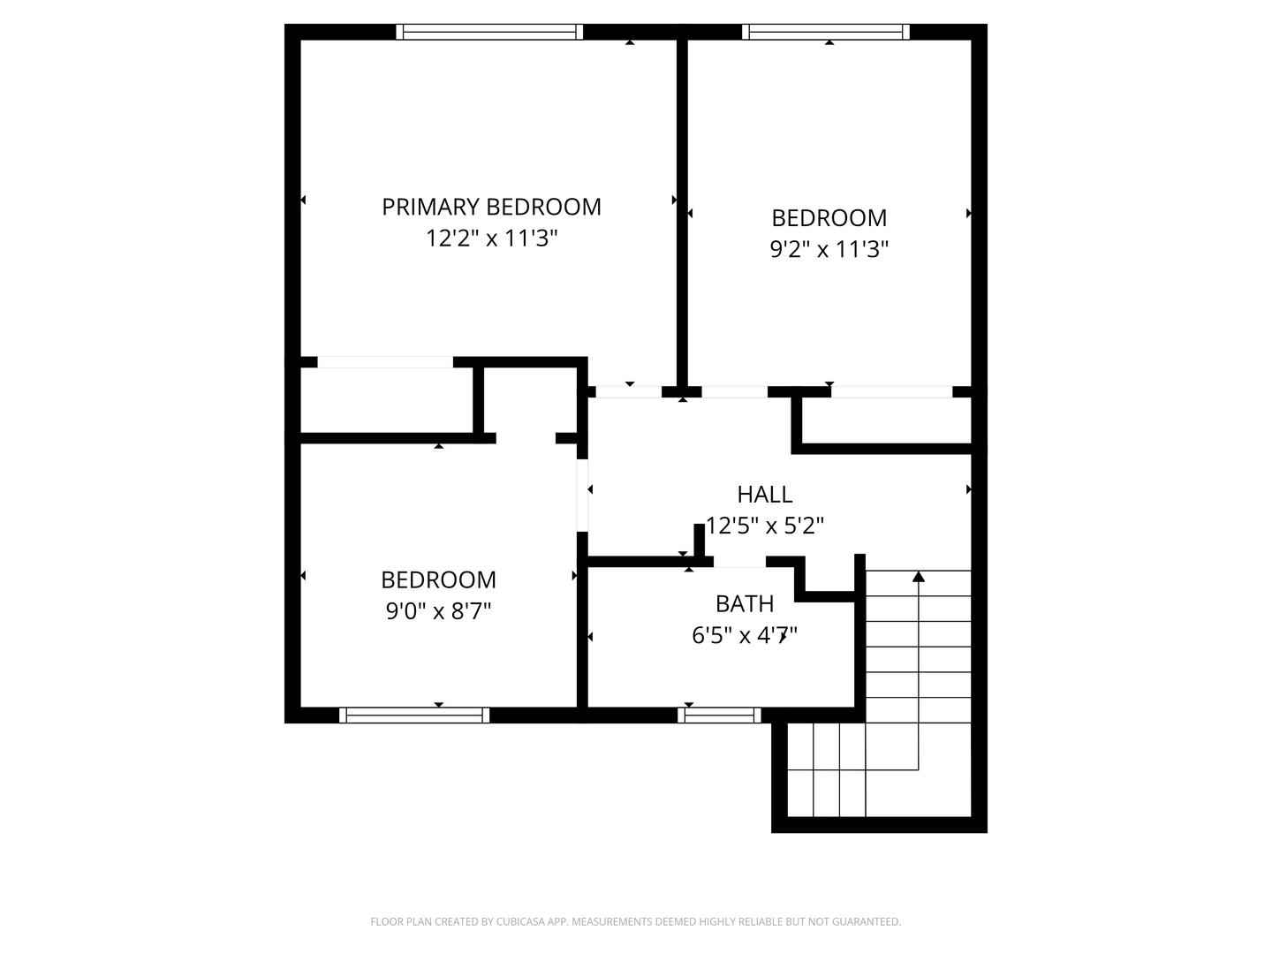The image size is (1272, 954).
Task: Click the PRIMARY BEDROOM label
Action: pos(491,207)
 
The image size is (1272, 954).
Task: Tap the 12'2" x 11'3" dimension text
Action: pos(491,238)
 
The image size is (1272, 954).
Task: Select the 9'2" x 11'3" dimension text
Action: pos(829,249)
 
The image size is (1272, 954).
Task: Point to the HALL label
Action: pos(765,495)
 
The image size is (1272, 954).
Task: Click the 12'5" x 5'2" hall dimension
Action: pos(765,526)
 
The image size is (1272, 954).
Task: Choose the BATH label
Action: pos(745,604)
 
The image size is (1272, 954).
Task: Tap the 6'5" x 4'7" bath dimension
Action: pos(745,635)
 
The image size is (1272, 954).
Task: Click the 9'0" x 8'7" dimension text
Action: pos(439,610)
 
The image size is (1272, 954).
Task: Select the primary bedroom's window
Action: pos(489,32)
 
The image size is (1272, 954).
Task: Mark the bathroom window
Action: pos(719,715)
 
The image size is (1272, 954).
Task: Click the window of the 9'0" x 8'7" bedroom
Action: pos(414,715)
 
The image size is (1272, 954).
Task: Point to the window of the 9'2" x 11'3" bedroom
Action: pos(826,32)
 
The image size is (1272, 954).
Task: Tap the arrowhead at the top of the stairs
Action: pos(919,576)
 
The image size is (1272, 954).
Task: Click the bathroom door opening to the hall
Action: pos(739,561)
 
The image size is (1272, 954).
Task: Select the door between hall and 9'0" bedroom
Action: pos(582,496)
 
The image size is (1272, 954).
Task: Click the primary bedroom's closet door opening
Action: pos(385,362)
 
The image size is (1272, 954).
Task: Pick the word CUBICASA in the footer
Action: pos(521,921)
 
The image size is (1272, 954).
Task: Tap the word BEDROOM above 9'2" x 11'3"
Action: pos(829,218)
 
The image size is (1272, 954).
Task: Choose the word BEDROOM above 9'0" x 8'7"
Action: pos(439,579)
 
